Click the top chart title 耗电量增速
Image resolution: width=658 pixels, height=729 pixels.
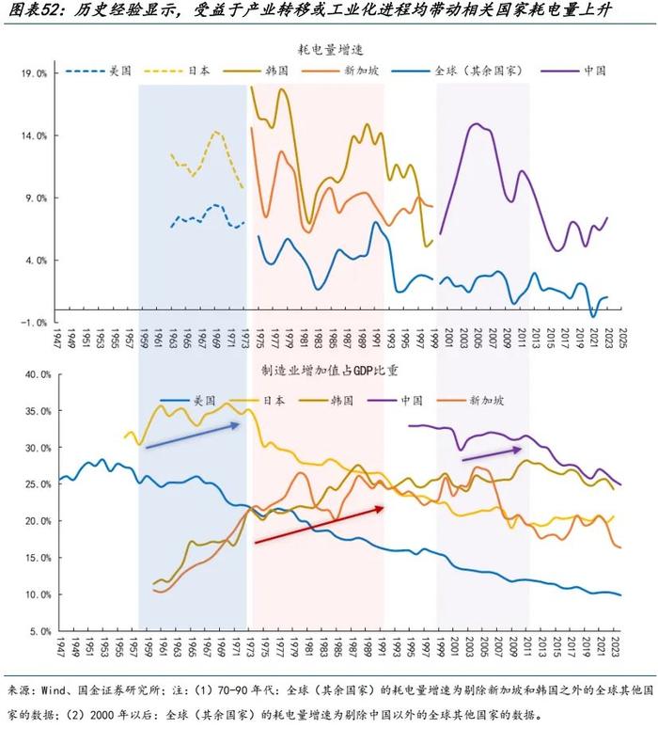329,47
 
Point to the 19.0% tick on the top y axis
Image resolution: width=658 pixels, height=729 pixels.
35,72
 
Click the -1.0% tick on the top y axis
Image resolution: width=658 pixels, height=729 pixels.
35,323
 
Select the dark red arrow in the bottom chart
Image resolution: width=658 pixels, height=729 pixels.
320,525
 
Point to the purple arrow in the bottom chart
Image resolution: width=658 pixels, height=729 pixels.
492,454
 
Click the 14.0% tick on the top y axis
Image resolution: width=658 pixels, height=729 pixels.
35,135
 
